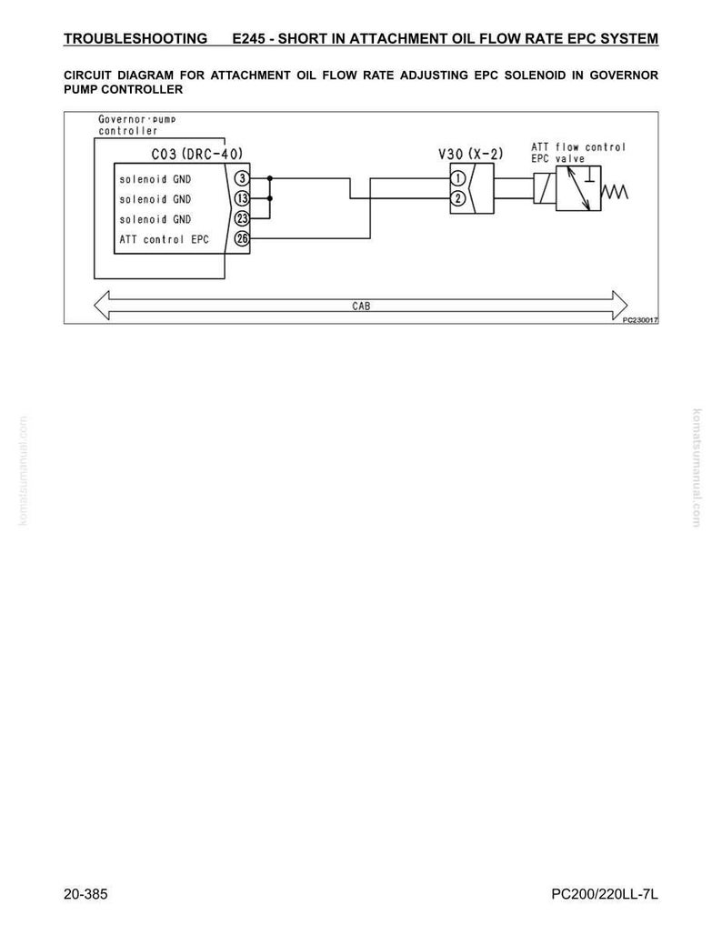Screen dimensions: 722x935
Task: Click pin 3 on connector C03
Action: (242, 178)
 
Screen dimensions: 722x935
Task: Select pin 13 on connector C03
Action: (242, 198)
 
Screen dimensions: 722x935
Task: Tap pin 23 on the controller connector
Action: (242, 218)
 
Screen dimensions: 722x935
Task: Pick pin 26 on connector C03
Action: (242, 238)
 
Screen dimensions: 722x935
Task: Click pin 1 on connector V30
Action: (458, 178)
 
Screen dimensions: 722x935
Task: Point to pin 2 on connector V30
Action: (458, 198)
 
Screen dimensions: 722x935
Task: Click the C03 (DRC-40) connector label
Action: (196, 154)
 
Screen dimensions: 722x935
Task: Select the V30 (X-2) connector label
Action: (470, 154)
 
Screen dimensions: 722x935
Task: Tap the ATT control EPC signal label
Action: (164, 239)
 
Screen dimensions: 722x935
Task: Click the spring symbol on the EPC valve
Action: (614, 192)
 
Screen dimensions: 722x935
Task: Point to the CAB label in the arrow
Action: (361, 306)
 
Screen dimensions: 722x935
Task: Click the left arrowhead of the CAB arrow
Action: (102, 305)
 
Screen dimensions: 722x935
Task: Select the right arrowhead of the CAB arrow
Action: (619, 305)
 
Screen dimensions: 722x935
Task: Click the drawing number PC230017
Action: (640, 320)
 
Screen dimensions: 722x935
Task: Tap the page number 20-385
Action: (85, 894)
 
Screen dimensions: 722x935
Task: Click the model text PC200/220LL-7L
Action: (605, 894)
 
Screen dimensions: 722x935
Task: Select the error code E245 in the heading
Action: (248, 39)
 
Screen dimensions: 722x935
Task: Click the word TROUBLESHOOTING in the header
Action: (135, 39)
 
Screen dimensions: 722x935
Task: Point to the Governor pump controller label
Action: (137, 126)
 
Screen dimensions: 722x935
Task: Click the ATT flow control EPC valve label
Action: (578, 153)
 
